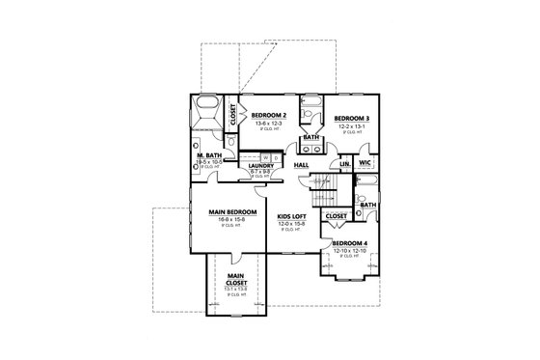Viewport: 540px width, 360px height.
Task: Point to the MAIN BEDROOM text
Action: click(232, 211)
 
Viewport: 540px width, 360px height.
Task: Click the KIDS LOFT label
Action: click(292, 217)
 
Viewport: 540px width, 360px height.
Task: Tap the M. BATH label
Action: click(209, 155)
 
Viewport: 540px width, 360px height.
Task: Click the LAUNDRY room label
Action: click(262, 165)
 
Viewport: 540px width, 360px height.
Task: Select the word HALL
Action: click(301, 165)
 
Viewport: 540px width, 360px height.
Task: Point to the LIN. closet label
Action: click(344, 165)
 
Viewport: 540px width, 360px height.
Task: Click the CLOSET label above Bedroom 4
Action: click(337, 216)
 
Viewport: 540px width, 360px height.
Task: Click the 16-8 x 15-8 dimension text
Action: click(232, 220)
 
